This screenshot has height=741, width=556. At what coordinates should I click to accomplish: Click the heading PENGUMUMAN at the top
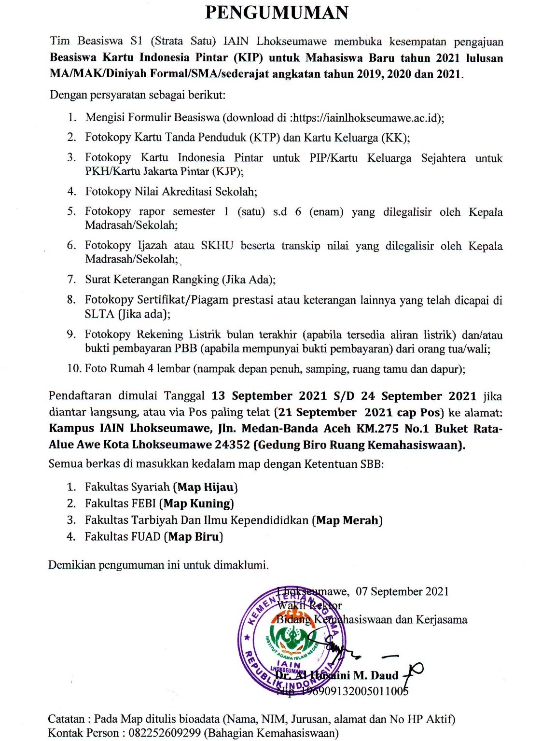click(277, 13)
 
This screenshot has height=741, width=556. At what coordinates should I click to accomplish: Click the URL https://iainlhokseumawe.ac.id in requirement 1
click(367, 118)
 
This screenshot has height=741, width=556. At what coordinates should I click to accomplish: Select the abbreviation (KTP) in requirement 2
click(264, 138)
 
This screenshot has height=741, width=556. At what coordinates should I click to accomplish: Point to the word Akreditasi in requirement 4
click(187, 192)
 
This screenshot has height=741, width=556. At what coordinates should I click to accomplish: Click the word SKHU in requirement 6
click(217, 246)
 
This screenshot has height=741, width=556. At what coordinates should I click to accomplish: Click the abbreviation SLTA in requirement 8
click(99, 314)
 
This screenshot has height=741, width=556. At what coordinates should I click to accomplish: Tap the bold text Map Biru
click(194, 537)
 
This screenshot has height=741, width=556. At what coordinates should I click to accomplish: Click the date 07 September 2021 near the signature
click(402, 592)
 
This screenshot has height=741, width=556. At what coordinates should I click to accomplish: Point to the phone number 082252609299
click(164, 733)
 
